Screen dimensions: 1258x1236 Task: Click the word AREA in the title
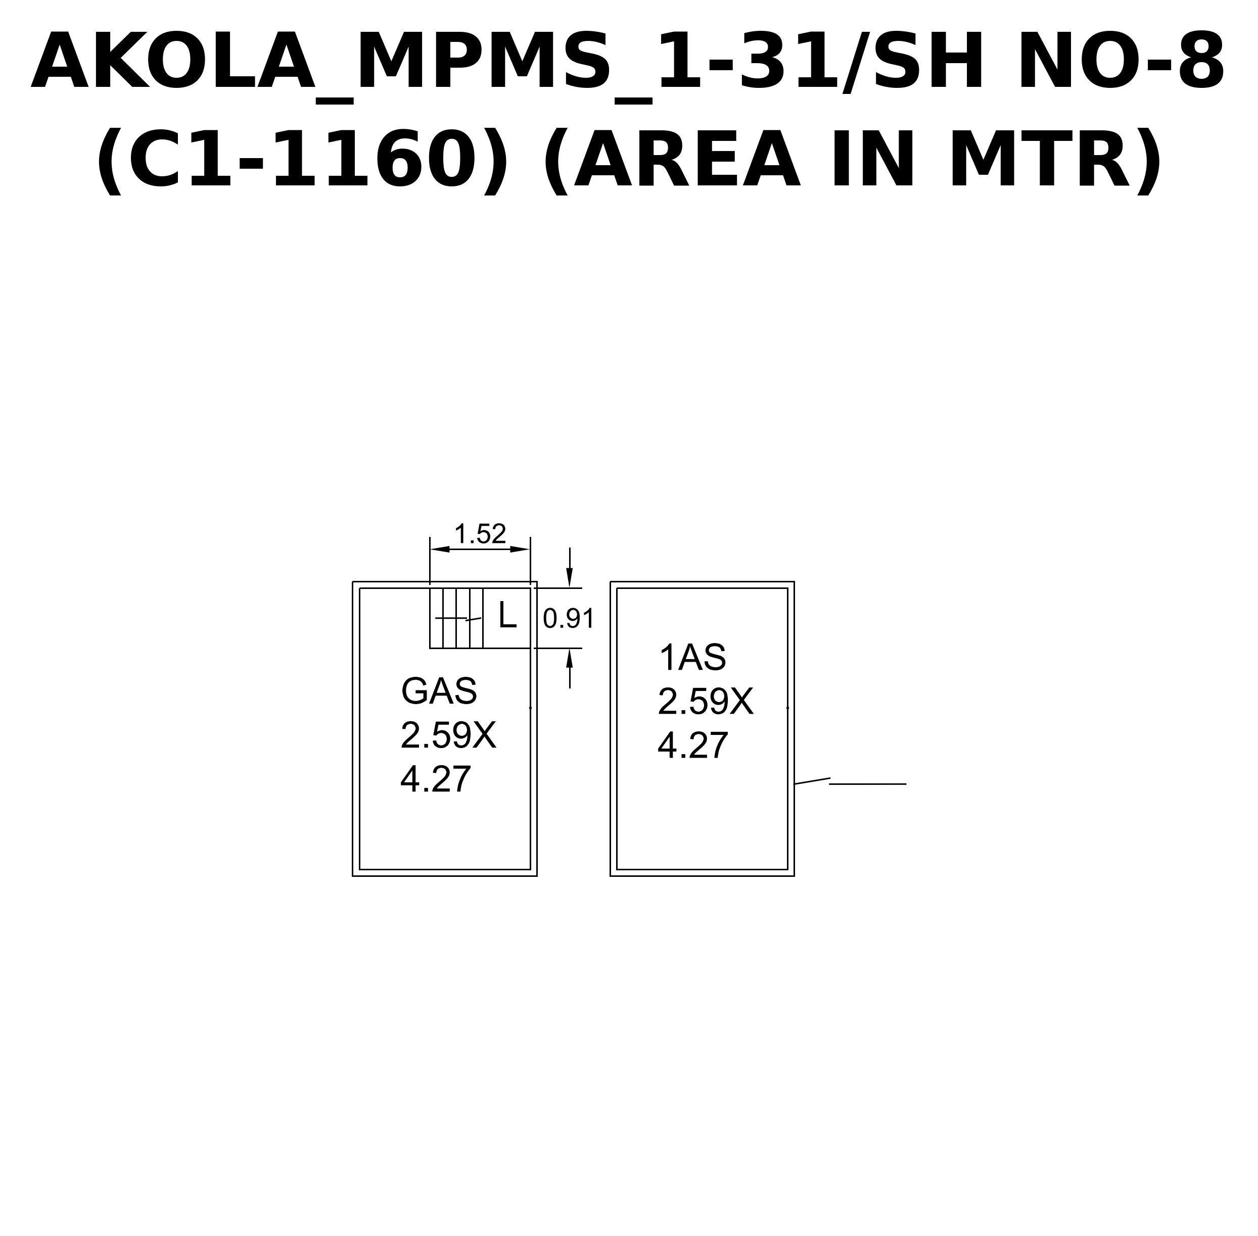[x=686, y=159]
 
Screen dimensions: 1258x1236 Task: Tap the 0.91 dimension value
[x=568, y=619]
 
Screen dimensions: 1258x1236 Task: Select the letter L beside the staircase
[x=507, y=615]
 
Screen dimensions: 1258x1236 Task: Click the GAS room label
[x=439, y=691]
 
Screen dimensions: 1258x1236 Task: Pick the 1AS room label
[x=692, y=658]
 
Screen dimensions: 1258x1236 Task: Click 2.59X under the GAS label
[x=448, y=735]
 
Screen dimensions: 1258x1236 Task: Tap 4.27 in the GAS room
[x=435, y=780]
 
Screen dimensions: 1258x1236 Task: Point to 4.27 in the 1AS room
[x=692, y=746]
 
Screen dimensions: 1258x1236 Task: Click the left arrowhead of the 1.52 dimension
[x=440, y=549]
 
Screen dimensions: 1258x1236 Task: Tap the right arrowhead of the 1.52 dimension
[x=520, y=549]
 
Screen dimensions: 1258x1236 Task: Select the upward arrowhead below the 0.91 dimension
[x=570, y=658]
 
